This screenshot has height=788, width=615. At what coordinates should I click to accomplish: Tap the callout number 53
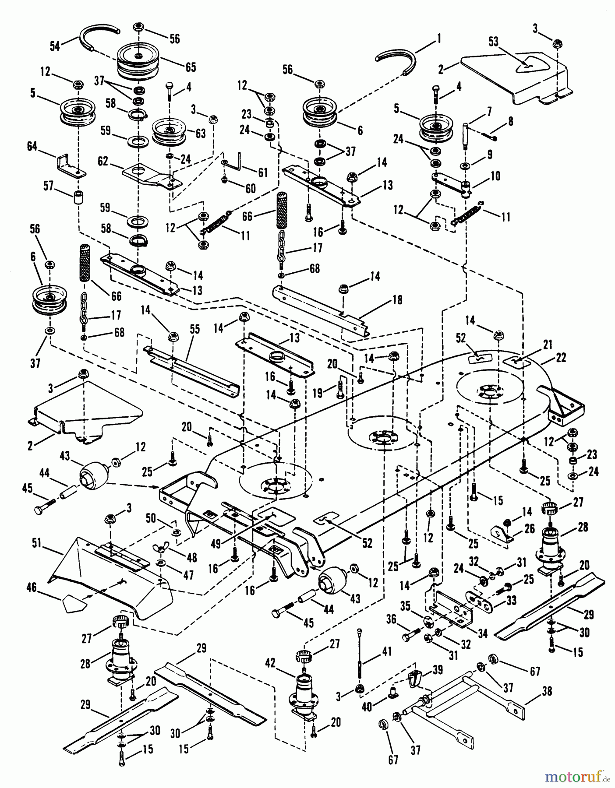pyautogui.click(x=494, y=42)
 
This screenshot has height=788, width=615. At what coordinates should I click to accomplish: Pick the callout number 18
pyautogui.click(x=396, y=300)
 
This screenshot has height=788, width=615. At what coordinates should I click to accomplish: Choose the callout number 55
pyautogui.click(x=194, y=329)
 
